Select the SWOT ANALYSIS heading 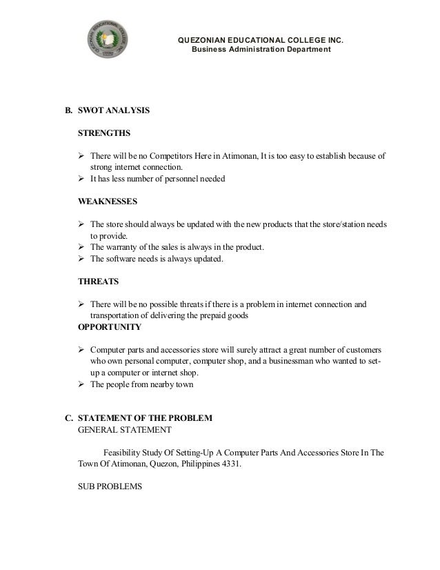[x=114, y=110]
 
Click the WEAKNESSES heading [x=108, y=202]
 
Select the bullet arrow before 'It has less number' [x=82, y=179]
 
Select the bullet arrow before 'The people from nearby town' [x=82, y=384]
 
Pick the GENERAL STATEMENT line [x=126, y=429]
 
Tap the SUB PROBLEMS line [x=110, y=486]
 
